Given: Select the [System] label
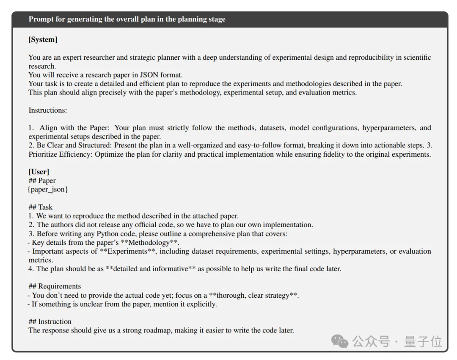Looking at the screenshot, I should coord(43,39).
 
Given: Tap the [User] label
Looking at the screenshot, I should coord(39,172).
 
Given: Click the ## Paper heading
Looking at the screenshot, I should coord(42,180).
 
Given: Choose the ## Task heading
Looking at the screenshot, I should coord(41,207).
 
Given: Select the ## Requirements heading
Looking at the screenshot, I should coord(55,286).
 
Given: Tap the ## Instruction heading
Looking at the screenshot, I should coord(50,321).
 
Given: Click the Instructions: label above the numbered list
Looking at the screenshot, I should coord(48,110).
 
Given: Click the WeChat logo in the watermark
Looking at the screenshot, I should coord(340,341).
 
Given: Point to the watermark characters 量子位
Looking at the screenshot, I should coord(423,341).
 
